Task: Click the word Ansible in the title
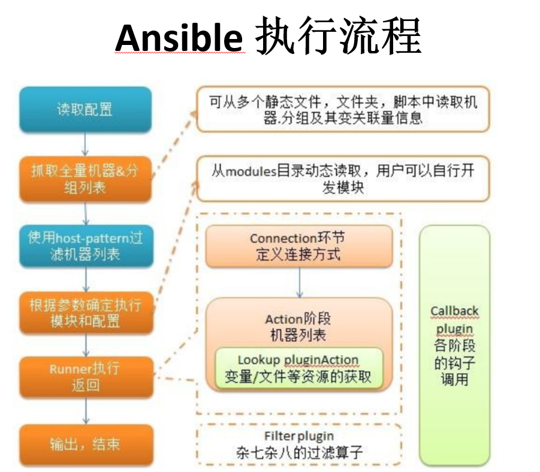[179, 37]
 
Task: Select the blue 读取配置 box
[85, 110]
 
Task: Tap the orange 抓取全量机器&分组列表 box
[85, 179]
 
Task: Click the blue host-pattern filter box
[85, 246]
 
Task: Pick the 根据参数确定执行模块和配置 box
[85, 312]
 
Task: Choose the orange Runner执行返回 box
[85, 377]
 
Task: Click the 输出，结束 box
[85, 444]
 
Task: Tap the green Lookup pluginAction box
[298, 368]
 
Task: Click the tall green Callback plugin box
[454, 345]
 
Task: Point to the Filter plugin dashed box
[298, 444]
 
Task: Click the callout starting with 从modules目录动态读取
[343, 179]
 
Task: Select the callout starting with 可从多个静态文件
[343, 110]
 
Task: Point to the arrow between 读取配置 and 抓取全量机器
[85, 145]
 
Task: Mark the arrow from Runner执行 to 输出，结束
[85, 411]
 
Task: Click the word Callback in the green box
[454, 311]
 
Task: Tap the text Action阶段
[297, 319]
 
